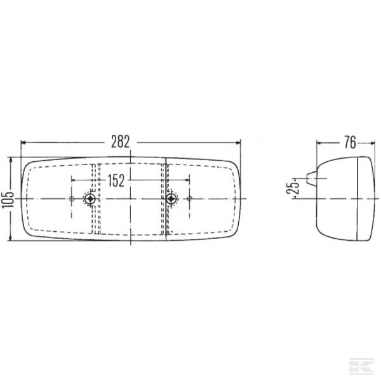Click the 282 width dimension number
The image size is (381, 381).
coord(131,141)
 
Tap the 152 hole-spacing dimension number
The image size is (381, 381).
coord(115,181)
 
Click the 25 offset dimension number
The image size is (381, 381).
coord(291,189)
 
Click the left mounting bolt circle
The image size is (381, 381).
coord(91,199)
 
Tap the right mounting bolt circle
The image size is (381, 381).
coord(171,199)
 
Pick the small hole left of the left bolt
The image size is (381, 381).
coord(72,199)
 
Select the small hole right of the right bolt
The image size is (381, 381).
coord(189,199)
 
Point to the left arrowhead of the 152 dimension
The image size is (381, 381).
coord(74,181)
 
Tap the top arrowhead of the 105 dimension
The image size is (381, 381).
coord(11,160)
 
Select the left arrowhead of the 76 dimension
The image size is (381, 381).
coord(319,142)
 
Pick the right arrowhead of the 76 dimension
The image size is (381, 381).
coord(371,142)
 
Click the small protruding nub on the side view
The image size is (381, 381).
coord(311,178)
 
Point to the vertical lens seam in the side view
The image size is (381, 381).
coord(359,199)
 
